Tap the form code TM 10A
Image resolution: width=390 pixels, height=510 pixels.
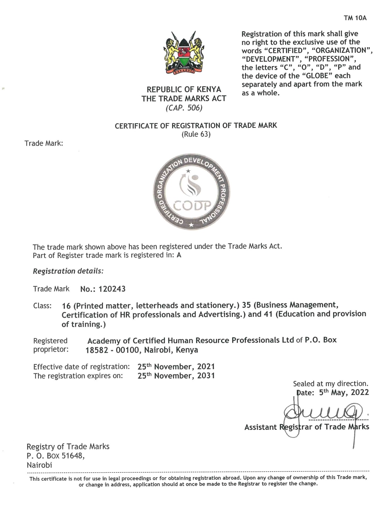[355, 18]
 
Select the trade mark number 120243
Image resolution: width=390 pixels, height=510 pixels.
[112, 289]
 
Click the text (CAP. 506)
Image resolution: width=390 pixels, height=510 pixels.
[184, 108]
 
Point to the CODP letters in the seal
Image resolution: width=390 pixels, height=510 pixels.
[192, 206]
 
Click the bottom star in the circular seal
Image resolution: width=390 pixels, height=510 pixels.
[191, 225]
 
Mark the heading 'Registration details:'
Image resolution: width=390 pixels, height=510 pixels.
[68, 271]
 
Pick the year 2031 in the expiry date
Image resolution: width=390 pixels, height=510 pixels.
[206, 376]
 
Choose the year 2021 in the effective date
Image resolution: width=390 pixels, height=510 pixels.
[206, 367]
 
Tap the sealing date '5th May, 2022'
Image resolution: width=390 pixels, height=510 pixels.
[344, 393]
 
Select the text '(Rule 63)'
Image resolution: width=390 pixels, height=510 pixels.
[196, 134]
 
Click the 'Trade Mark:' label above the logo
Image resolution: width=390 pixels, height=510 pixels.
[44, 144]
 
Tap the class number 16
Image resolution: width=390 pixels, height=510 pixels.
[66, 306]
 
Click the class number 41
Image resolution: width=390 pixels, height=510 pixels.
[268, 314]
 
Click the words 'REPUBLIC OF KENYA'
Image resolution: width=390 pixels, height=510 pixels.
[184, 89]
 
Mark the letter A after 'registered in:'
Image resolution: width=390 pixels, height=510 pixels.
[179, 255]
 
